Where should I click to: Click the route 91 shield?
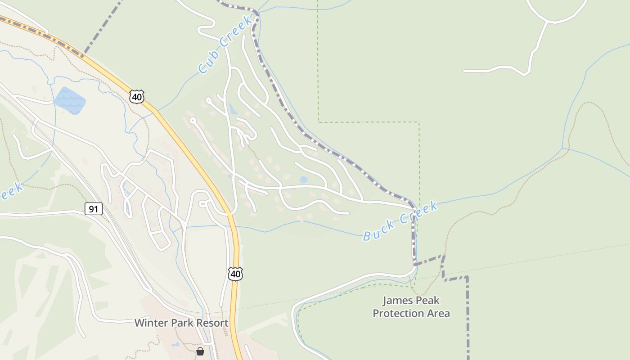click(x=94, y=209)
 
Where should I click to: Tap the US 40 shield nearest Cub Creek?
click(x=137, y=96)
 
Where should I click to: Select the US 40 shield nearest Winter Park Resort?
click(x=235, y=274)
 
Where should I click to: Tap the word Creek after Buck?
click(x=419, y=213)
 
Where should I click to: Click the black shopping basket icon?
click(x=200, y=351)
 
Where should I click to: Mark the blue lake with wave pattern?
click(x=70, y=100)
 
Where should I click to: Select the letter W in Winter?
click(x=139, y=323)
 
